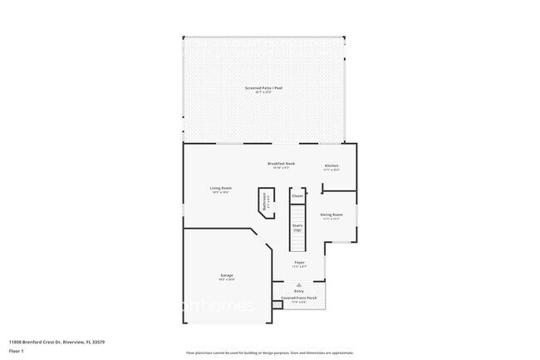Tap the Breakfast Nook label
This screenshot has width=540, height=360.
coord(281,163)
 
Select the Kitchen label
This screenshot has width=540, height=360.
coord(331,165)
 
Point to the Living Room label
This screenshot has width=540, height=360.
coord(220,188)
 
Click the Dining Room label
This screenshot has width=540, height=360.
coord(331,215)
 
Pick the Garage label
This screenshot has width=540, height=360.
coord(226,275)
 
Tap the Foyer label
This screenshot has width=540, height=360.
coord(299,262)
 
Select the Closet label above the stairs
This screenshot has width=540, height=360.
coord(297,196)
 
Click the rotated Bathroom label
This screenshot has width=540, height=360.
coord(265,201)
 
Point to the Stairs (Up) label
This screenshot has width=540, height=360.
coord(297,227)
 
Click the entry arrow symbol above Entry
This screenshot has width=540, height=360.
coord(298,284)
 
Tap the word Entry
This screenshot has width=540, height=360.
coord(298,290)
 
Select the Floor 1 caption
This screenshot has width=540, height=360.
coord(16,351)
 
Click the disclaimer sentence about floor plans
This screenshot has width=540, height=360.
coord(270,353)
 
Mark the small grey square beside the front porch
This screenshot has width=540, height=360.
coord(277,304)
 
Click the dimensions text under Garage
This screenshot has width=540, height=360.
coord(226,279)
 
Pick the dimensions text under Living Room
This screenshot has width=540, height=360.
coord(220,192)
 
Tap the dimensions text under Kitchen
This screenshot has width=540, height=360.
coord(331,170)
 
